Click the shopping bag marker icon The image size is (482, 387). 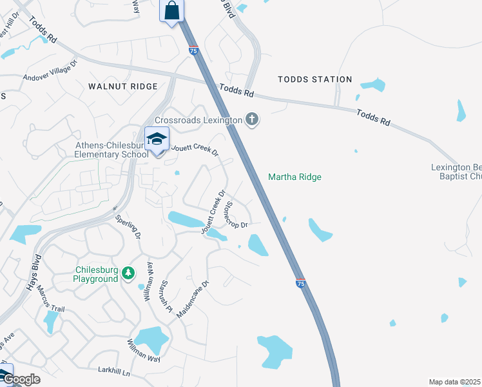[x=171, y=11]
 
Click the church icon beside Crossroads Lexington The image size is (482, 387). [x=251, y=119]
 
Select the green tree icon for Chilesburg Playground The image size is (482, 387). [x=128, y=273]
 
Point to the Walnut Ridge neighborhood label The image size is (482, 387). [x=123, y=86]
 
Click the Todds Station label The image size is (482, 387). [x=314, y=79]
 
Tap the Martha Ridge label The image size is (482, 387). [x=294, y=177]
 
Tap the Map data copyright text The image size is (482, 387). [x=454, y=382]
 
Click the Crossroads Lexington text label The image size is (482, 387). [x=198, y=120]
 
